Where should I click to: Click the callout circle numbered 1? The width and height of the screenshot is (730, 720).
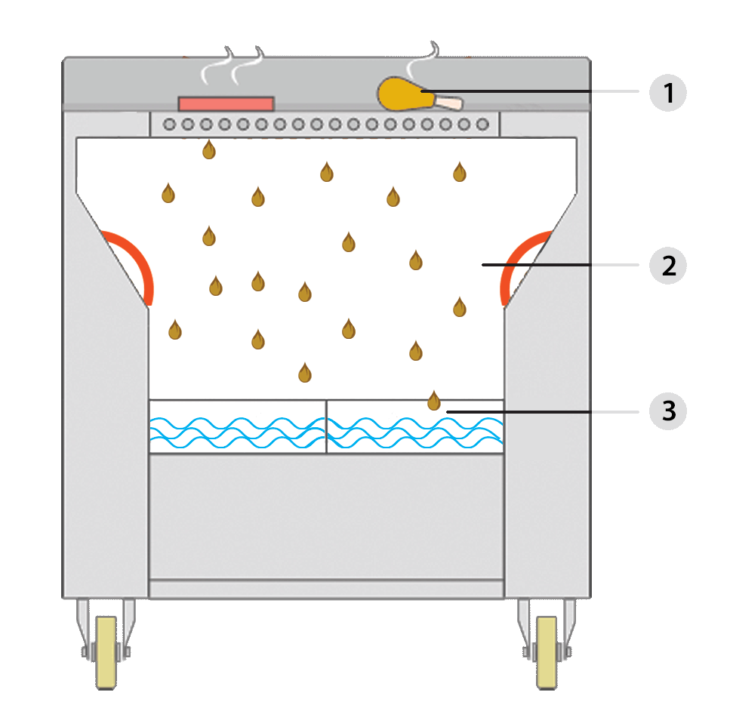[667, 93]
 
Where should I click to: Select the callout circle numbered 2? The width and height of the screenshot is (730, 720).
[667, 266]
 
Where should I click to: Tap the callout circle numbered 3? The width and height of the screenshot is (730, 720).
[667, 411]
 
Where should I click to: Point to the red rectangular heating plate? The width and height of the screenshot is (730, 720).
[226, 103]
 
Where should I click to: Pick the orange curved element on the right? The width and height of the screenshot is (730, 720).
[521, 260]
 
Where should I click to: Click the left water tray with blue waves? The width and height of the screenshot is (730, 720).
[237, 426]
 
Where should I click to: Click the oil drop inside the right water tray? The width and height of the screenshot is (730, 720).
[433, 401]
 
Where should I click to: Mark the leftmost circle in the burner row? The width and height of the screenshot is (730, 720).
[170, 125]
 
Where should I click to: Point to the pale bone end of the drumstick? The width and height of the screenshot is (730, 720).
[451, 102]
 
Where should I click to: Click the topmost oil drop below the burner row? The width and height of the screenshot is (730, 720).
[209, 149]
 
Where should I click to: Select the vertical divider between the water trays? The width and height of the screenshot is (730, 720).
[326, 426]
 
